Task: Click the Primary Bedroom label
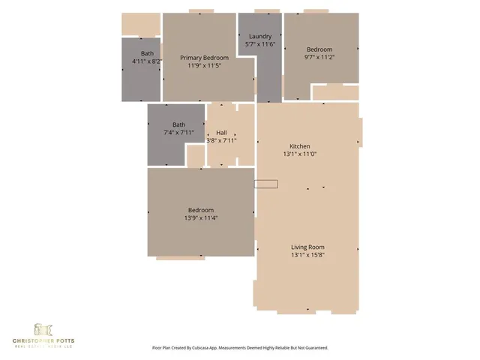click(x=204, y=58)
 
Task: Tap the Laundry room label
click(x=260, y=37)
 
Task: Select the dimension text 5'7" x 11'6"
click(x=260, y=44)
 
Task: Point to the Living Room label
click(x=307, y=247)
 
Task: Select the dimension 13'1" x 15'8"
click(x=307, y=254)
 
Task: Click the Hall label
click(x=221, y=133)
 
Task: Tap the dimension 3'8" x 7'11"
click(x=221, y=140)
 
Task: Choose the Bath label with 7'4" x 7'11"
click(x=178, y=125)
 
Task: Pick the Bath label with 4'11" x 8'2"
click(x=147, y=53)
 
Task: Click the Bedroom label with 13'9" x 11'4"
click(x=201, y=210)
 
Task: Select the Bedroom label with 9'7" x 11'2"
click(x=319, y=49)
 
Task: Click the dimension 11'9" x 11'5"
click(x=204, y=65)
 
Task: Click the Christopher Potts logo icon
click(x=43, y=329)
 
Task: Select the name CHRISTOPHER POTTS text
click(x=43, y=340)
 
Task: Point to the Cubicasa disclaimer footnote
click(x=240, y=348)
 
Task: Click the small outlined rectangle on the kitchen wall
click(x=266, y=184)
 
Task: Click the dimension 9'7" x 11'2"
click(x=319, y=57)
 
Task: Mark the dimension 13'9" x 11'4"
click(x=201, y=217)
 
